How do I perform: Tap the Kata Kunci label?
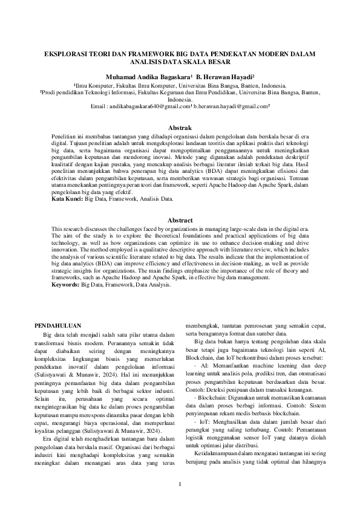pos(67,198)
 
